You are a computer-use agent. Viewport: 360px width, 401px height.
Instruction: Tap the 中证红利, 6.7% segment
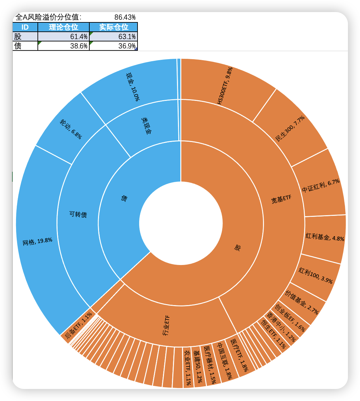[x=321, y=186]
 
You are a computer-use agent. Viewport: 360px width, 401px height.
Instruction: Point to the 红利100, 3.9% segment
[x=316, y=276]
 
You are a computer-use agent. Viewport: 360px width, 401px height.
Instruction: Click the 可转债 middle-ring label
[x=78, y=214]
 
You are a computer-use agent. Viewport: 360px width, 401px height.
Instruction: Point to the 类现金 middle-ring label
[x=146, y=125]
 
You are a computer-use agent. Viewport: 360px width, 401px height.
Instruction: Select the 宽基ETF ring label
[x=281, y=199]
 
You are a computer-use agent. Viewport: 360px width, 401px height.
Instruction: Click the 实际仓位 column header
[x=113, y=27]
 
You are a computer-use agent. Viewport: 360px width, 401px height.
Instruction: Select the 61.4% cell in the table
[x=64, y=37]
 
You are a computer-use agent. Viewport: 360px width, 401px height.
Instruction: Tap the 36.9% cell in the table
[x=113, y=46]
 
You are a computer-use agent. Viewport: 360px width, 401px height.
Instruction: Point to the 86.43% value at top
[x=125, y=17]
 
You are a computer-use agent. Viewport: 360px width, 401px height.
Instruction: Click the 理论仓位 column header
[x=64, y=27]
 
